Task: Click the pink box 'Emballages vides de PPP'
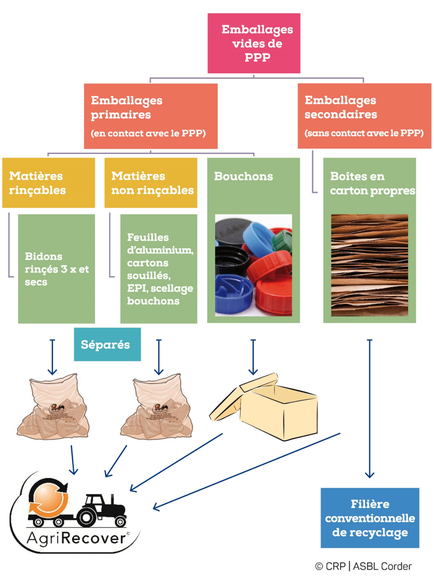pyautogui.click(x=254, y=43)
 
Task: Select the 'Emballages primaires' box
pyautogui.click(x=151, y=116)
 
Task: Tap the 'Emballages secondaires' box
pyautogui.click(x=364, y=116)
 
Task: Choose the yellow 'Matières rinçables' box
pyautogui.click(x=48, y=183)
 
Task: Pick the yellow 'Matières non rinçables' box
pyautogui.click(x=151, y=183)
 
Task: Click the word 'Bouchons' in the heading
pyautogui.click(x=243, y=176)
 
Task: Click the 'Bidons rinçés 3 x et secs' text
pyautogui.click(x=57, y=269)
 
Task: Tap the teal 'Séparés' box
pyautogui.click(x=107, y=344)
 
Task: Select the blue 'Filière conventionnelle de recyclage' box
pyautogui.click(x=370, y=518)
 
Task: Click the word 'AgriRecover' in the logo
pyautogui.click(x=76, y=538)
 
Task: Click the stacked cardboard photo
pyautogui.click(x=369, y=265)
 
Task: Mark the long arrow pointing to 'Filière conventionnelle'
pyautogui.click(x=370, y=408)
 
